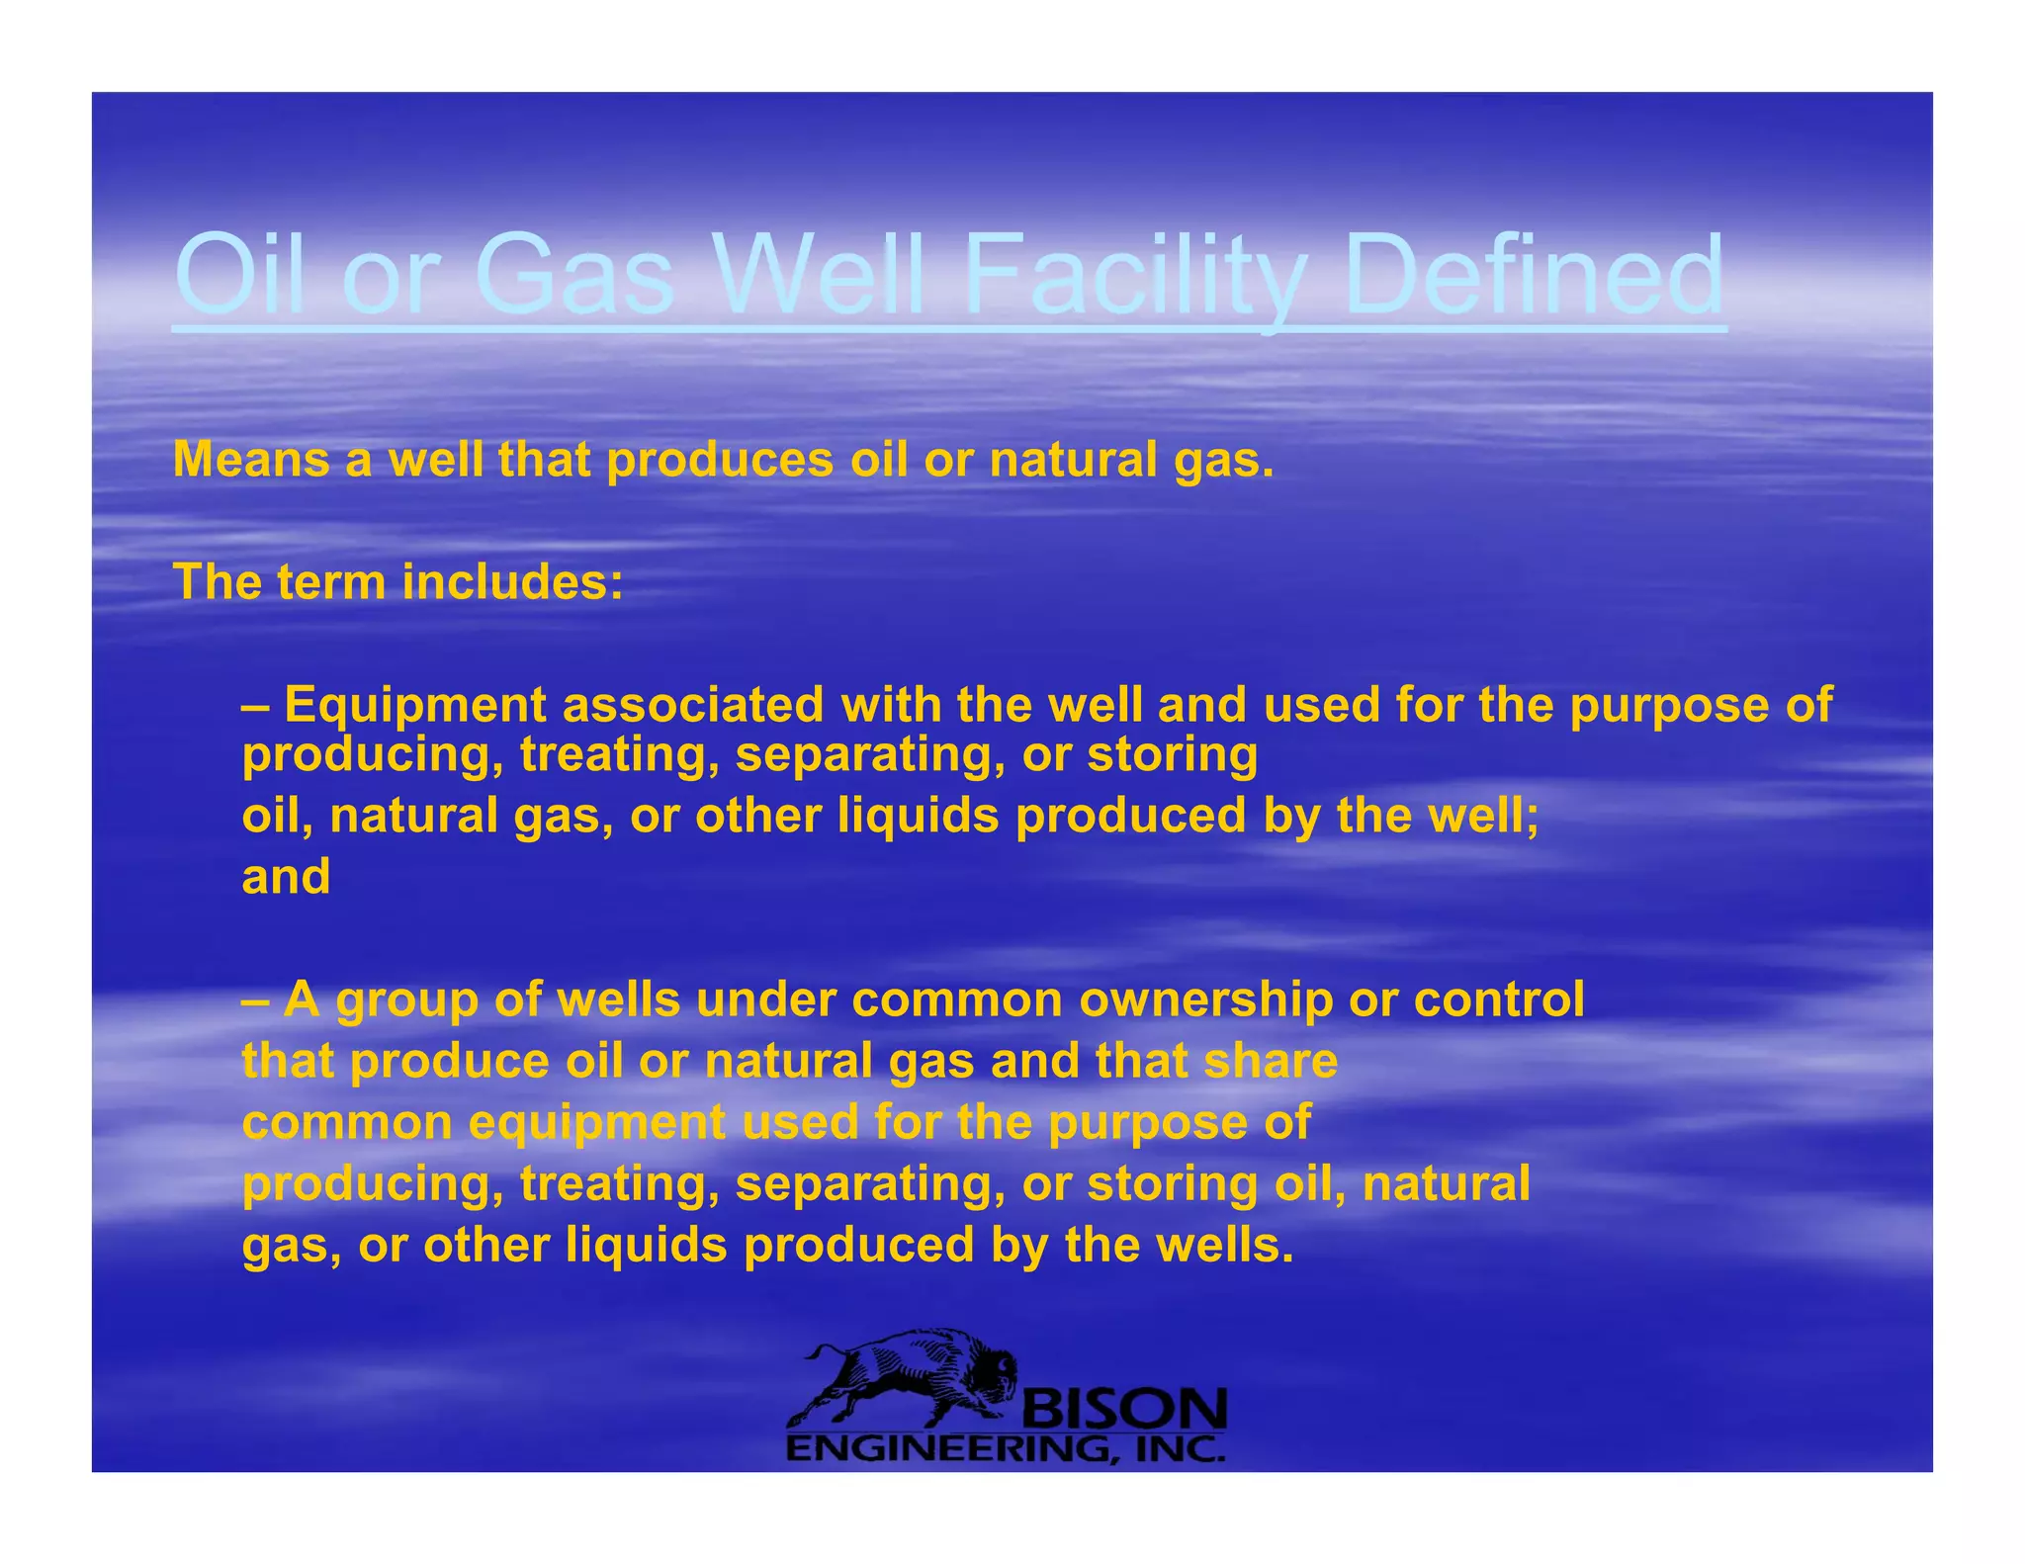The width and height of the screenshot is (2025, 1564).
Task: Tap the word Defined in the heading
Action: [1535, 274]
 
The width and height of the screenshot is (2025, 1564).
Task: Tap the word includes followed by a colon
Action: [512, 582]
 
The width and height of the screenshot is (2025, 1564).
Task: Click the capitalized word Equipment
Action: [415, 706]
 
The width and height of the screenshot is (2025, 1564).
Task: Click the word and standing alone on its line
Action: [286, 877]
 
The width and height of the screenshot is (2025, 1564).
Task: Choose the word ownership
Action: [1205, 999]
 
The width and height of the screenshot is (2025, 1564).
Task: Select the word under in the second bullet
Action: [765, 999]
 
